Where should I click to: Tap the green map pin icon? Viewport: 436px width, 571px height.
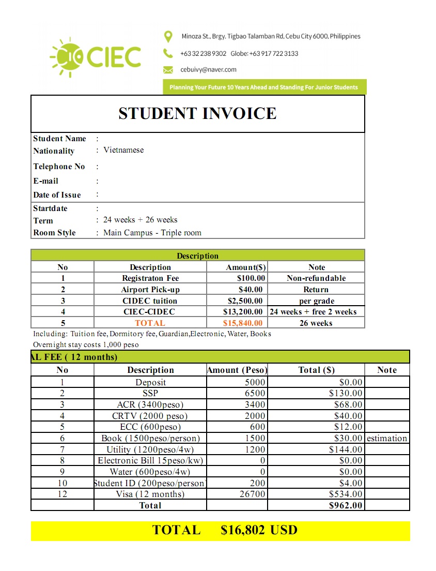click(168, 37)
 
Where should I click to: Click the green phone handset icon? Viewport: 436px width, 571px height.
click(168, 53)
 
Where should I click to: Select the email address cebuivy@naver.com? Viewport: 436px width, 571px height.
click(208, 69)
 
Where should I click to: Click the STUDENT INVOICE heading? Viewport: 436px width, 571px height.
click(197, 113)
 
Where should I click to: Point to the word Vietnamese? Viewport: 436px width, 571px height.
click(123, 150)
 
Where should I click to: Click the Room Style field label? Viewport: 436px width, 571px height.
click(54, 233)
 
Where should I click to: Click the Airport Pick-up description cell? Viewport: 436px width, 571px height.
click(150, 290)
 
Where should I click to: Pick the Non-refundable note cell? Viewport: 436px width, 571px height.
click(316, 278)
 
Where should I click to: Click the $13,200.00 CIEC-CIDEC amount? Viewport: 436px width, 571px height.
click(243, 312)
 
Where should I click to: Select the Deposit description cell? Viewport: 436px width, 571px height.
click(150, 382)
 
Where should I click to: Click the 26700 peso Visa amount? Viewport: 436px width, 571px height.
click(255, 494)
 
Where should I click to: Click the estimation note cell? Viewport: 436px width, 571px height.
click(387, 439)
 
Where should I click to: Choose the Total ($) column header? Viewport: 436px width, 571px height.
click(316, 370)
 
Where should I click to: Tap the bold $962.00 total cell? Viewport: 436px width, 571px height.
click(346, 505)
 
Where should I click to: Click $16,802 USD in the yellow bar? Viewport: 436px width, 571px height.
click(259, 530)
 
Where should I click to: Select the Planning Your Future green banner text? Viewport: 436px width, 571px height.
click(263, 87)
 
